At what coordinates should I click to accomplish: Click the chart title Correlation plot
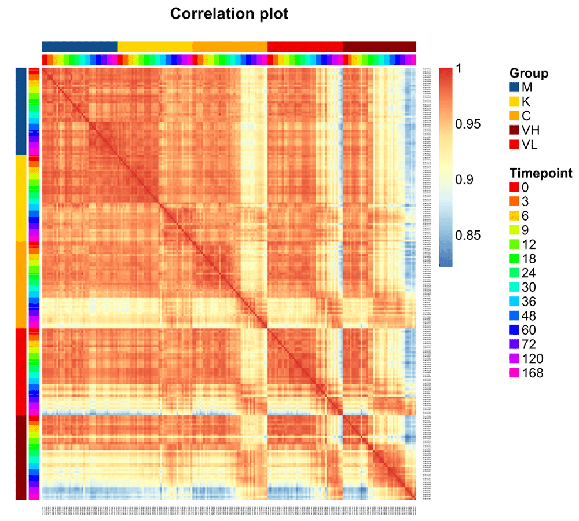pos(229,14)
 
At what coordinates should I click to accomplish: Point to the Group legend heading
pos(529,74)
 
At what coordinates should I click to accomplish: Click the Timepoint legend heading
pos(541,173)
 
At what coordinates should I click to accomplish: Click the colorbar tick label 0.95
pos(472,124)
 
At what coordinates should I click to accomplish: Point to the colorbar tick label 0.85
pos(472,235)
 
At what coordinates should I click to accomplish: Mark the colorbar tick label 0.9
pos(468,179)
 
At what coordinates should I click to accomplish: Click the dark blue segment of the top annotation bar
pos(79,46)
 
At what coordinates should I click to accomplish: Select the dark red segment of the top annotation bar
pos(379,46)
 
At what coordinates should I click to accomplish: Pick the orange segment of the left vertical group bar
pos(20,284)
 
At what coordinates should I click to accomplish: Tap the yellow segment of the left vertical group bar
pos(20,197)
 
